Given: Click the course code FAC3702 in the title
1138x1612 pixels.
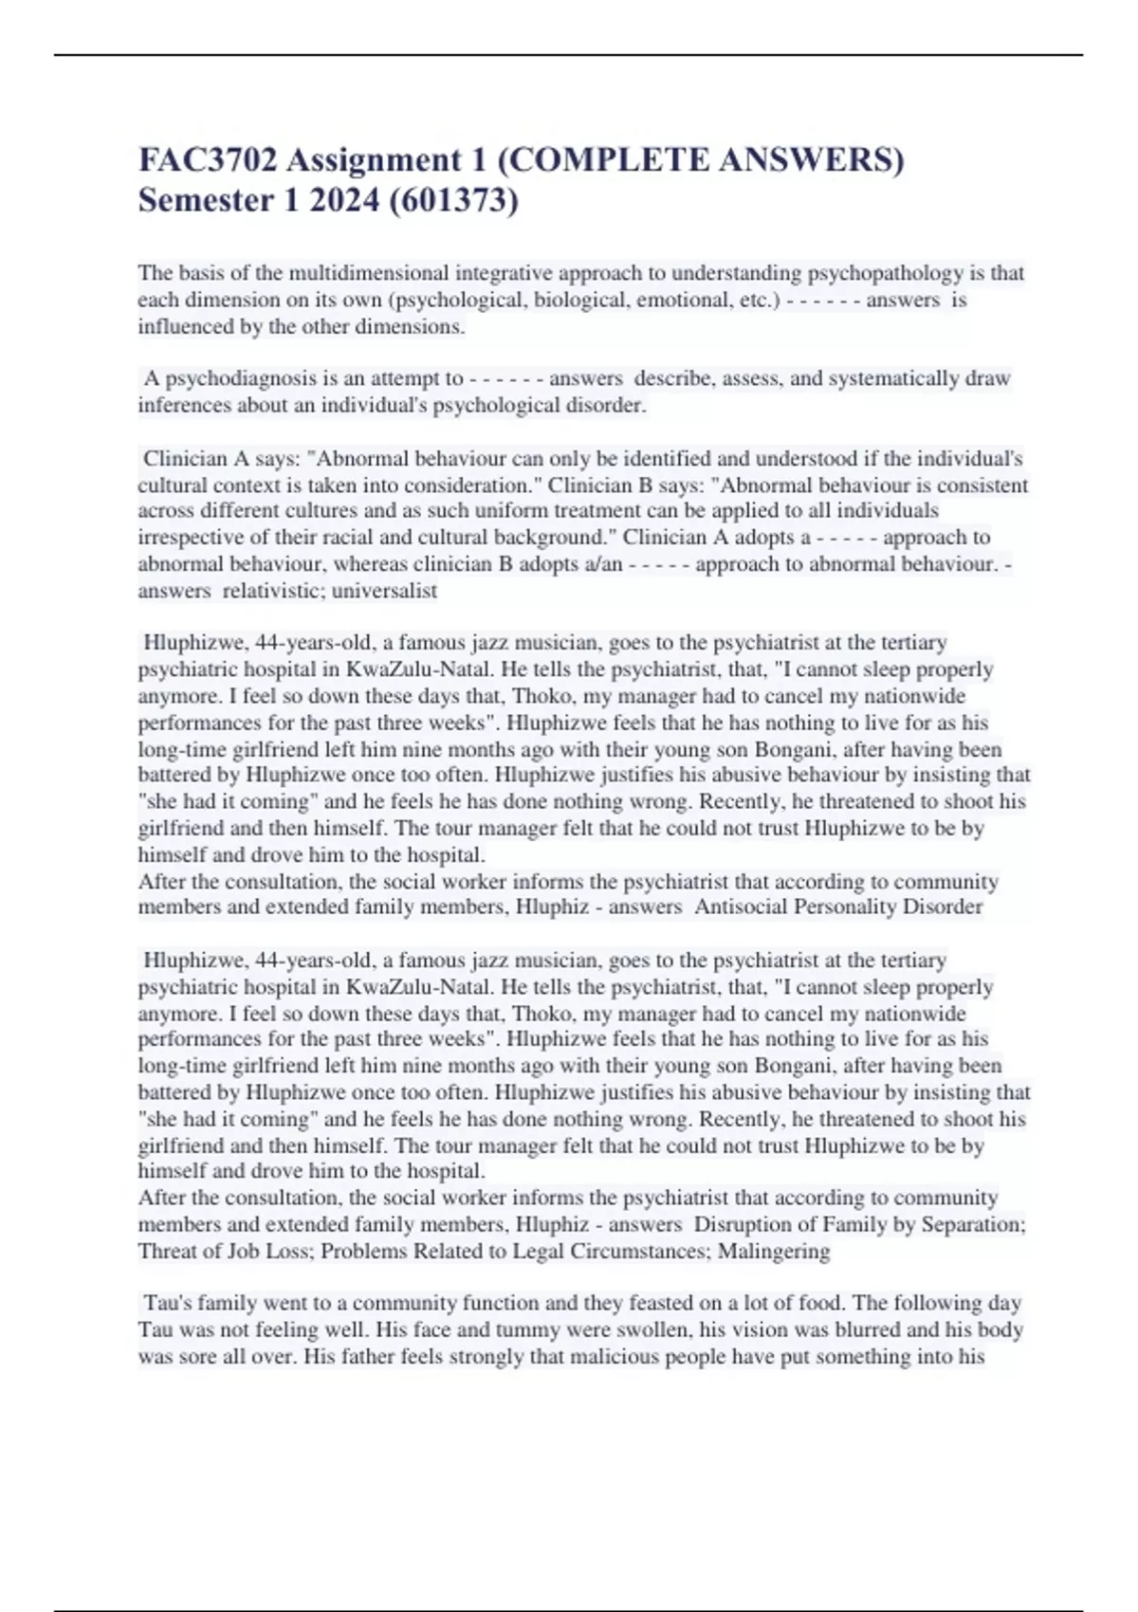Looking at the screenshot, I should (209, 160).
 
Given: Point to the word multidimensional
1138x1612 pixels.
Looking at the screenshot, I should (369, 273).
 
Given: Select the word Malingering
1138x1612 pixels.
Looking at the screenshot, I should (774, 1251).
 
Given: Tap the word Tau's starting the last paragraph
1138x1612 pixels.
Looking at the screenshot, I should (167, 1303).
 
